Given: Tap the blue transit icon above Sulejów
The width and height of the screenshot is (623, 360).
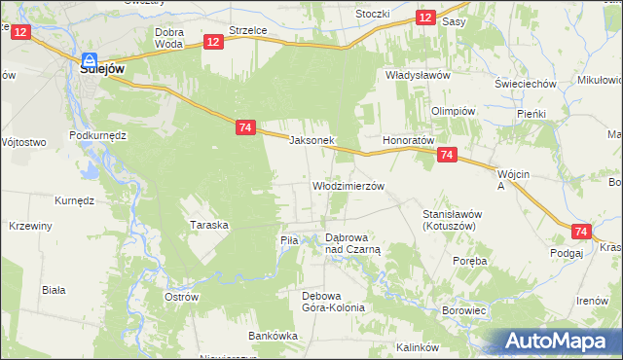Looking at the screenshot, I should pos(90,58).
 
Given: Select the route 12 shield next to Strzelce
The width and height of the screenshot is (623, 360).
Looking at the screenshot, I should pos(214,41).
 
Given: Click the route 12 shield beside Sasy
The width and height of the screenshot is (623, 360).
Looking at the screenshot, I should pos(425,18).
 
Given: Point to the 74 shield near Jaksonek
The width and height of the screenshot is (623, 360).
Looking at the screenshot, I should pos(245,126).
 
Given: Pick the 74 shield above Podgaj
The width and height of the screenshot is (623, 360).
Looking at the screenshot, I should pos(581,232).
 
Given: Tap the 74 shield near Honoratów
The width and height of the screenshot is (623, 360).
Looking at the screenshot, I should pos(447,155).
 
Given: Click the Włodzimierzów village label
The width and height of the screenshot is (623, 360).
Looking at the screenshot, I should pos(348,185).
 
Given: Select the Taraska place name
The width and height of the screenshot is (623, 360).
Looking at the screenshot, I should pos(208,225).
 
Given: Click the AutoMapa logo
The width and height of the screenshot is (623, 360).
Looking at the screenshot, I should pos(559,341).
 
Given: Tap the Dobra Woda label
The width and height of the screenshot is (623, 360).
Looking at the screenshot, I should pos(169,38).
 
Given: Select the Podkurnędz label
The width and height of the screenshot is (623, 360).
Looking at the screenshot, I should pos(99,135).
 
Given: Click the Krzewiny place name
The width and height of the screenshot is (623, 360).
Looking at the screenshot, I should pos(30,226).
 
